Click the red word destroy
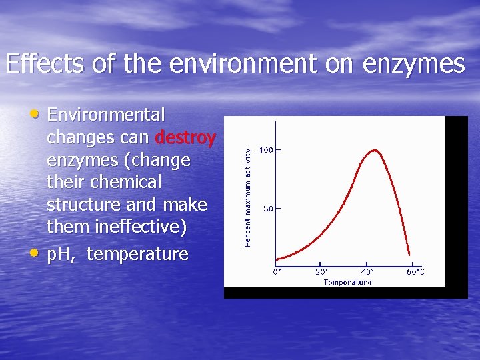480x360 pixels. [185, 137]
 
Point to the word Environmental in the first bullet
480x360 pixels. [106, 115]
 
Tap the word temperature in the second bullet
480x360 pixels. [137, 254]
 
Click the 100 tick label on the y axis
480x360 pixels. [265, 150]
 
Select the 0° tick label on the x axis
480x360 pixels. [277, 271]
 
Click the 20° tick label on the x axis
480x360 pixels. [321, 271]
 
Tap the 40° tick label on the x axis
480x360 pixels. [367, 271]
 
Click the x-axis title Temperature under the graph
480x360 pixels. [347, 282]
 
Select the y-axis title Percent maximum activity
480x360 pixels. [248, 197]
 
